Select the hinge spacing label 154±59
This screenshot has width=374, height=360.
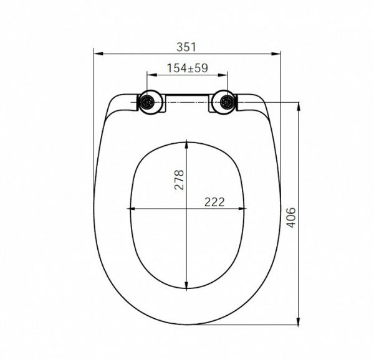(x=188, y=69)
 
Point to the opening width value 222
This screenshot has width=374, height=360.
(x=214, y=202)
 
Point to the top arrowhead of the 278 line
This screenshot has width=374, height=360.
(x=188, y=141)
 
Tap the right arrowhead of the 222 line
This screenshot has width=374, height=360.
(x=243, y=209)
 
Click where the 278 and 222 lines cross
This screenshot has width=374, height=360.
(x=188, y=209)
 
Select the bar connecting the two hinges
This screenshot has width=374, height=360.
(x=188, y=98)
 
